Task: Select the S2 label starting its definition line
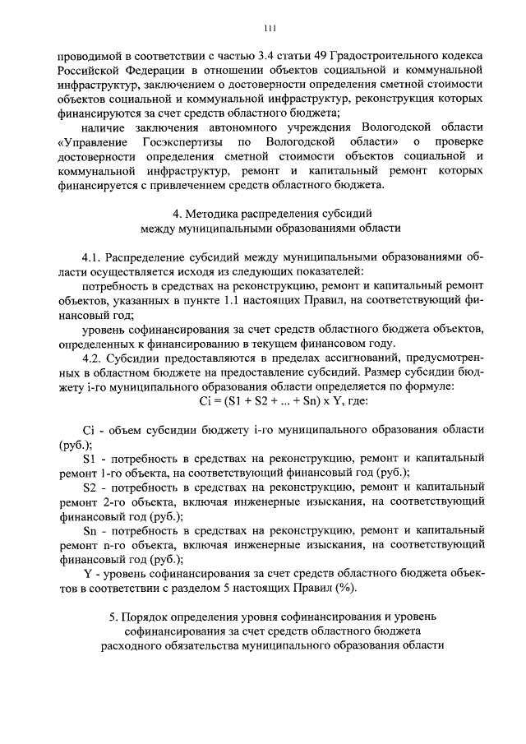[91, 488]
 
